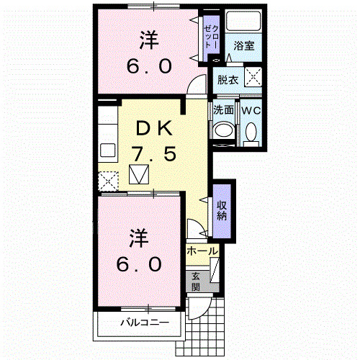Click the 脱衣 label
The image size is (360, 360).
[x=228, y=80]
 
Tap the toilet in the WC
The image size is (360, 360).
[x=251, y=132]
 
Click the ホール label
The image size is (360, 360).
[x=202, y=251]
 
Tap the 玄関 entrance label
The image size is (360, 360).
[x=196, y=280]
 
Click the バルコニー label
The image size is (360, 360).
[x=144, y=323]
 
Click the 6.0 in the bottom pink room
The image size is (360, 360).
[x=139, y=264]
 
